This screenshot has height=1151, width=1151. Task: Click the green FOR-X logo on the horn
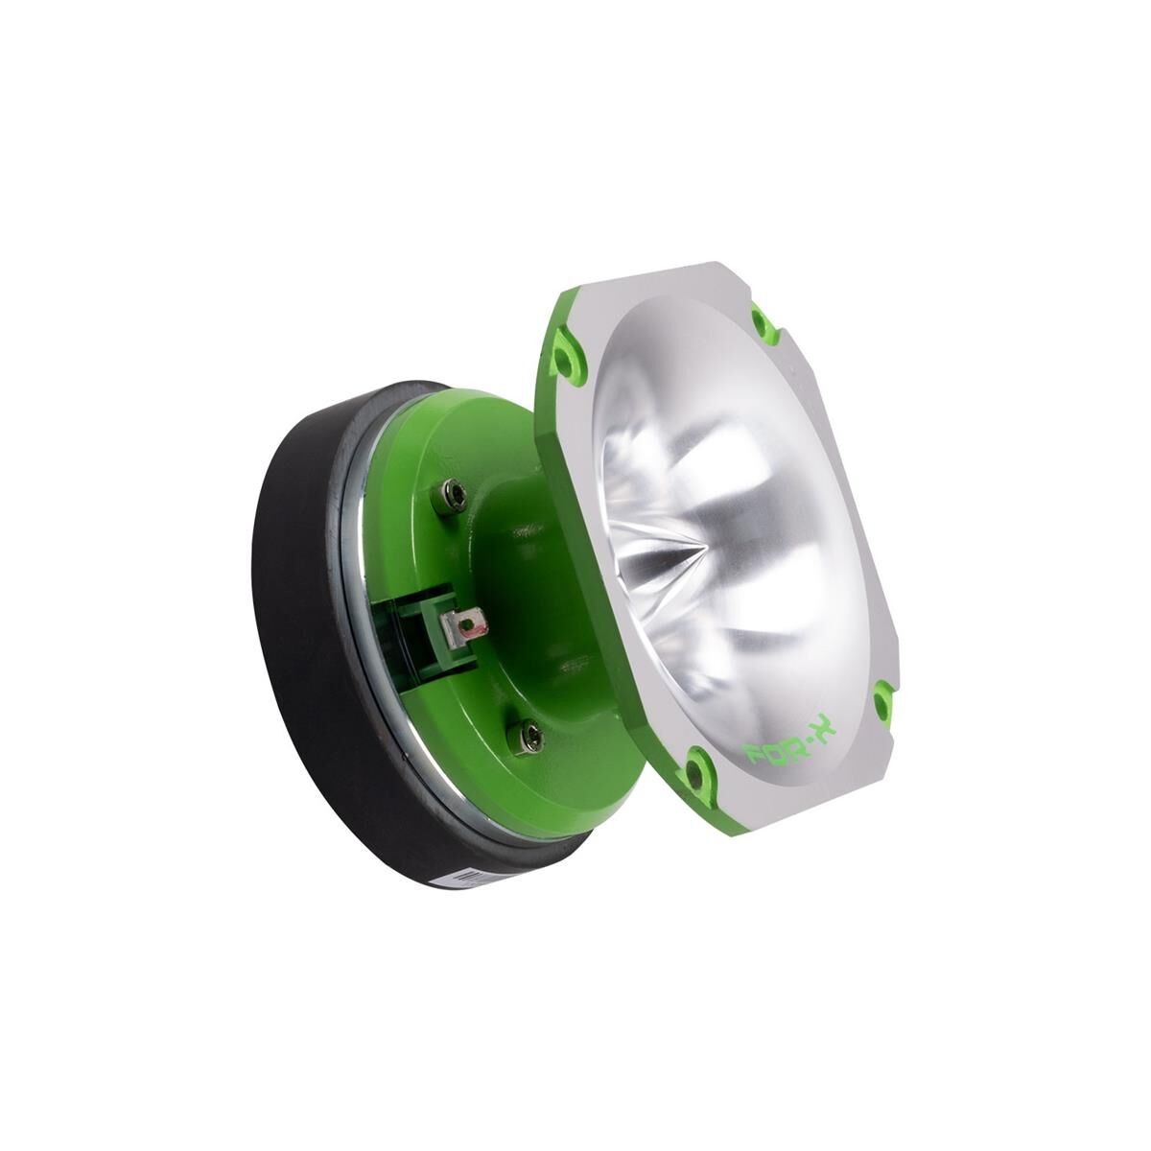click(791, 744)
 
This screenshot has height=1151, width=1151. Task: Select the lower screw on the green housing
click(529, 736)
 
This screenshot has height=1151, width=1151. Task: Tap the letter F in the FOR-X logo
click(758, 758)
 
